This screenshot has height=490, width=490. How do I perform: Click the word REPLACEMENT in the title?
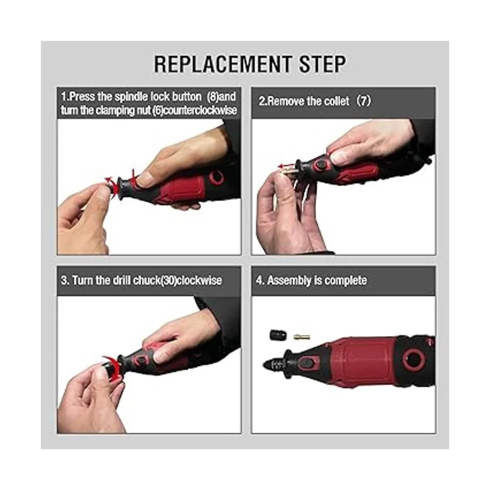pos(223,65)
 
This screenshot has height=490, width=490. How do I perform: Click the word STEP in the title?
pos(322,65)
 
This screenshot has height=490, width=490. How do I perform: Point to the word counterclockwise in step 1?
pos(199,110)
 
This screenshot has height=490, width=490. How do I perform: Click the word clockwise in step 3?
pos(199,281)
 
